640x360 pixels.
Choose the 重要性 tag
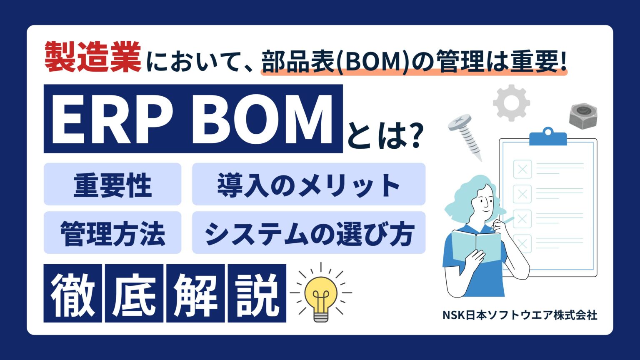(112, 185)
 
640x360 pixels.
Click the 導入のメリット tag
(308, 185)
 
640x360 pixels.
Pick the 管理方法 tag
(112, 233)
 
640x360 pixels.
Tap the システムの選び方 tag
(308, 233)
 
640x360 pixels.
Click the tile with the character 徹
(73, 293)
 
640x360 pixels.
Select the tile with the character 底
(134, 293)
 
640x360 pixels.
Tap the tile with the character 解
(195, 293)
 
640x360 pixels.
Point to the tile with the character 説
(257, 293)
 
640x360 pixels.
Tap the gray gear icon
(511, 102)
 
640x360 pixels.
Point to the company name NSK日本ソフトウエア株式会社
(520, 315)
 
